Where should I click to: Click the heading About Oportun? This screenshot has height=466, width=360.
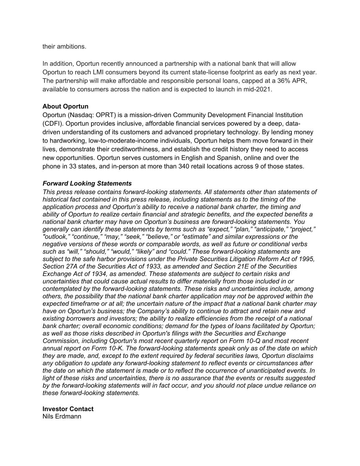coord(65,107)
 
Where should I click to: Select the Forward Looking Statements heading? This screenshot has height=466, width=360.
coord(87,184)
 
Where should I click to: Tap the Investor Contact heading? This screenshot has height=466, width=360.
coord(68,409)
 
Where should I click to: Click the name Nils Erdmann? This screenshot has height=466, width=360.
coord(62,416)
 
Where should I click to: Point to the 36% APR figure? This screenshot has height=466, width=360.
coord(289,81)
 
